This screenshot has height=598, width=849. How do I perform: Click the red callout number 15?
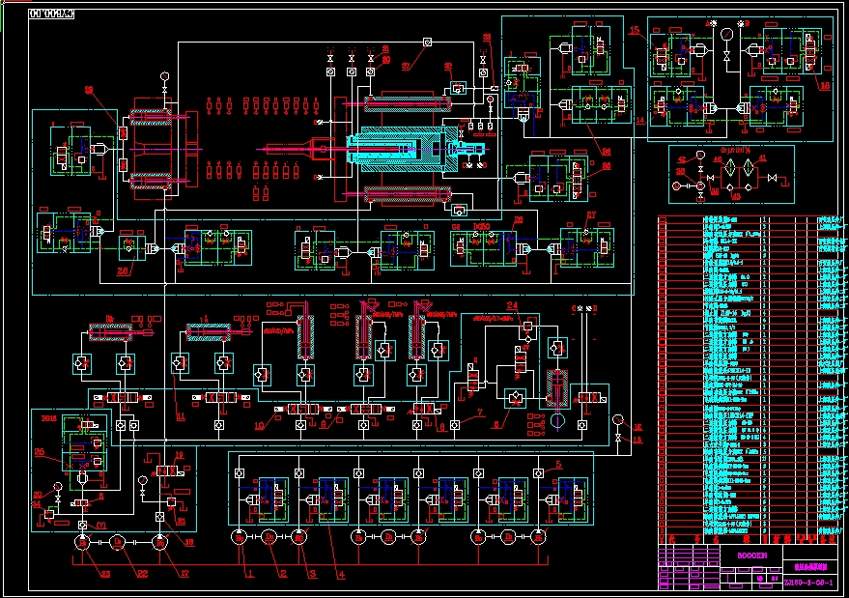coord(635,31)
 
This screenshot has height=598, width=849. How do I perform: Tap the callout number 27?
coord(592,214)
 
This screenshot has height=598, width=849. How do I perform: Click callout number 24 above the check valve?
coord(512,306)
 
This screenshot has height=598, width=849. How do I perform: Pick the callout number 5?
coord(558,466)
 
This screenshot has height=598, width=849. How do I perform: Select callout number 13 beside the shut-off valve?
coord(637,440)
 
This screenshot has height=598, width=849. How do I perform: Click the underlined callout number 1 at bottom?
coord(250,573)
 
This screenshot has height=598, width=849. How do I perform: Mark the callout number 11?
coord(180,415)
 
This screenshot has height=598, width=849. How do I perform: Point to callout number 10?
coord(259,424)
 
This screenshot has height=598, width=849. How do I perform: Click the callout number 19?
coord(179,454)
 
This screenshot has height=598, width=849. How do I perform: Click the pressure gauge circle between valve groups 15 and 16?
coord(725,33)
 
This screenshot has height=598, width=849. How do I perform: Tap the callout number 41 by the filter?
coord(762,157)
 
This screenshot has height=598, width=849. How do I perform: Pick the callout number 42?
coord(681,159)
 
